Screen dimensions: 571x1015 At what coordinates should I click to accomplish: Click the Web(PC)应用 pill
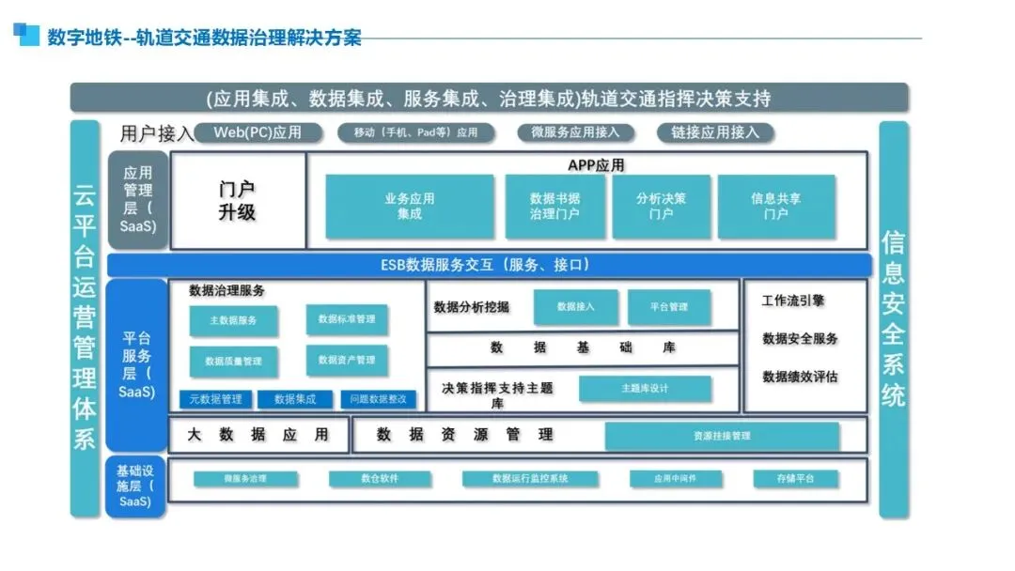[258, 132]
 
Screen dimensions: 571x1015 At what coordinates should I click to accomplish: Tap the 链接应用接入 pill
[714, 132]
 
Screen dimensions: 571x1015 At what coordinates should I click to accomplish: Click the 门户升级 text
[237, 201]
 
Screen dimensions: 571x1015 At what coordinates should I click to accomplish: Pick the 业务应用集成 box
[409, 206]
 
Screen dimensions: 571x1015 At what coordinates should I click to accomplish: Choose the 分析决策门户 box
[661, 206]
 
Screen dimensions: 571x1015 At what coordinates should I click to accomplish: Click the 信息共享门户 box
[775, 206]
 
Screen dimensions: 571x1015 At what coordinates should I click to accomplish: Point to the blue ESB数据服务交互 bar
[490, 265]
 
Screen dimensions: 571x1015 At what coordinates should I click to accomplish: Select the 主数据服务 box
[233, 320]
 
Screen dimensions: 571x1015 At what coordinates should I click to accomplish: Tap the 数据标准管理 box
[346, 319]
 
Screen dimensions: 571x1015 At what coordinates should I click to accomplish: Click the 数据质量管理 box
[233, 361]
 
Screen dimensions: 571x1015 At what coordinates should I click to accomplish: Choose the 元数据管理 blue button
[215, 399]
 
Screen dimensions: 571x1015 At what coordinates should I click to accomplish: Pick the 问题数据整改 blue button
[378, 399]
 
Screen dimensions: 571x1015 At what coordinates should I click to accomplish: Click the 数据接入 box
[576, 307]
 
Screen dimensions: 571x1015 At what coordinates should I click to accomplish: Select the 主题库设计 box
[645, 388]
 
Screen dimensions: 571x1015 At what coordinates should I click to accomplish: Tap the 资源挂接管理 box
[722, 436]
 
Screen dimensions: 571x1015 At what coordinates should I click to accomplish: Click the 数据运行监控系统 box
[530, 479]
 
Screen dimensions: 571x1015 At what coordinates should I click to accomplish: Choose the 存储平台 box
[796, 479]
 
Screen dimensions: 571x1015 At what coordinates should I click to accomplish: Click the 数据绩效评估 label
[800, 377]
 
